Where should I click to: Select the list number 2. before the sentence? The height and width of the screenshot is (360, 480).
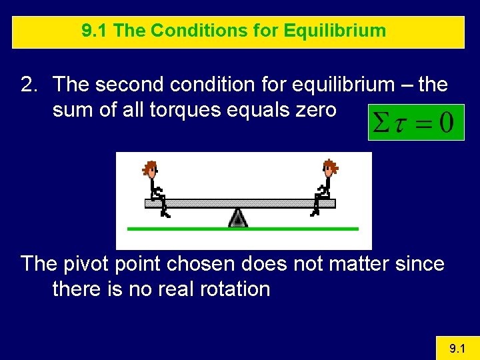[30, 85]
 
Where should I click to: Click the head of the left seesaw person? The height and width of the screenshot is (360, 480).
[151, 169]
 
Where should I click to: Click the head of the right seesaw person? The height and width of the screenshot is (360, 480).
[329, 167]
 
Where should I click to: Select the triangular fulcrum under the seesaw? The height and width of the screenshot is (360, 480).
[238, 217]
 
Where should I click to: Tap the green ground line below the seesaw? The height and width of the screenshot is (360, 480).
[243, 229]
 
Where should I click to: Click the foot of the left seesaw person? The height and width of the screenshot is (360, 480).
[166, 215]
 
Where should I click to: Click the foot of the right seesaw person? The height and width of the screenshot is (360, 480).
[313, 213]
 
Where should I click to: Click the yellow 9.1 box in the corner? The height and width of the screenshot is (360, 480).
[457, 348]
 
